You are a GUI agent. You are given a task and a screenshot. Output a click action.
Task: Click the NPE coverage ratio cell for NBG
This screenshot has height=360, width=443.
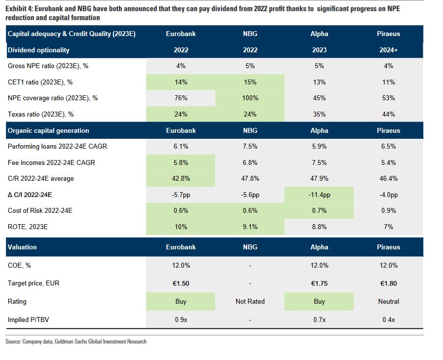click(x=250, y=98)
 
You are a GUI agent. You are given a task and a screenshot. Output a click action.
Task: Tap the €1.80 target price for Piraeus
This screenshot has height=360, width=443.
click(x=388, y=283)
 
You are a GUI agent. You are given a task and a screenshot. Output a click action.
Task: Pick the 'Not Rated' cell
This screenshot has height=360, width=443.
click(x=250, y=301)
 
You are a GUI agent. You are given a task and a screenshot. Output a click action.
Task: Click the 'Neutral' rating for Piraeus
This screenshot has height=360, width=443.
click(x=388, y=301)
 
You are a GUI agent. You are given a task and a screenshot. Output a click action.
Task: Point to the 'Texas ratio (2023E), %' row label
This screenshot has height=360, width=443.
click(x=40, y=114)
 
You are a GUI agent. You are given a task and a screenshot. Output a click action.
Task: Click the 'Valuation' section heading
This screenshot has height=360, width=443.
click(x=22, y=247)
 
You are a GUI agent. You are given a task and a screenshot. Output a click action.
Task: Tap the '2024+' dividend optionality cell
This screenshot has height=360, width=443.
click(x=388, y=50)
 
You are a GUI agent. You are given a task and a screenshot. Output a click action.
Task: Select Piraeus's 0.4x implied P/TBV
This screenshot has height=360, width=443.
click(x=388, y=320)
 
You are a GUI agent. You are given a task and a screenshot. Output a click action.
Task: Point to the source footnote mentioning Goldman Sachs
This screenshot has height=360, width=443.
click(x=76, y=342)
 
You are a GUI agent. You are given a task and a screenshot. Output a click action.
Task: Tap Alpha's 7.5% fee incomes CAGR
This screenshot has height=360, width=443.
click(x=319, y=162)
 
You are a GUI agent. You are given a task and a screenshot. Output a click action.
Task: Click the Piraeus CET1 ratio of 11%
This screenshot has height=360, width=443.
click(x=388, y=82)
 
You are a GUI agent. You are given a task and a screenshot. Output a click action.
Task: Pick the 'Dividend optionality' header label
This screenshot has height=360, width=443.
click(x=38, y=50)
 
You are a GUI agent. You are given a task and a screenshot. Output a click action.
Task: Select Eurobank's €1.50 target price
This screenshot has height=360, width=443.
click(x=181, y=283)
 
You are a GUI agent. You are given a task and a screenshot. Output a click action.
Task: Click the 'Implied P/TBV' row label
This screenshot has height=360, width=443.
click(x=29, y=320)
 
